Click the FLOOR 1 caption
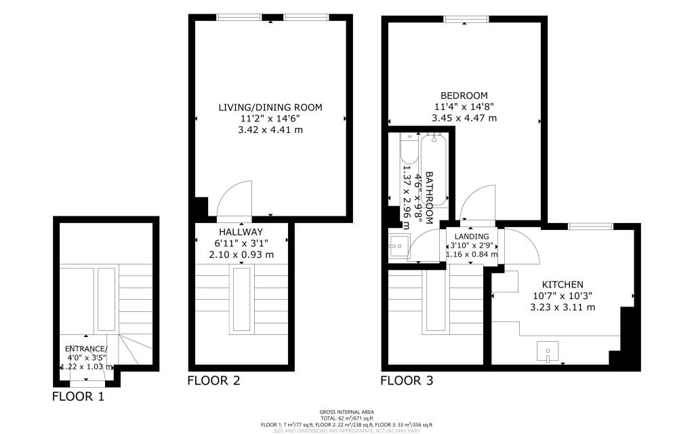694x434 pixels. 79,397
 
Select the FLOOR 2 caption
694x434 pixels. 213,380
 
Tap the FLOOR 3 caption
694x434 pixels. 407,380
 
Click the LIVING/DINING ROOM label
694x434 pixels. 270,107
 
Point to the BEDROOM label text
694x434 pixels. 464,96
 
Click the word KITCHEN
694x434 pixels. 563,284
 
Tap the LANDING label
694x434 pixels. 471,236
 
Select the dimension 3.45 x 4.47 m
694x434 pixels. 464,118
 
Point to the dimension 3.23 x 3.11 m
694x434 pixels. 563,307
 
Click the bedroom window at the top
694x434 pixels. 465,19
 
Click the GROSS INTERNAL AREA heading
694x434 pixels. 346,412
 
